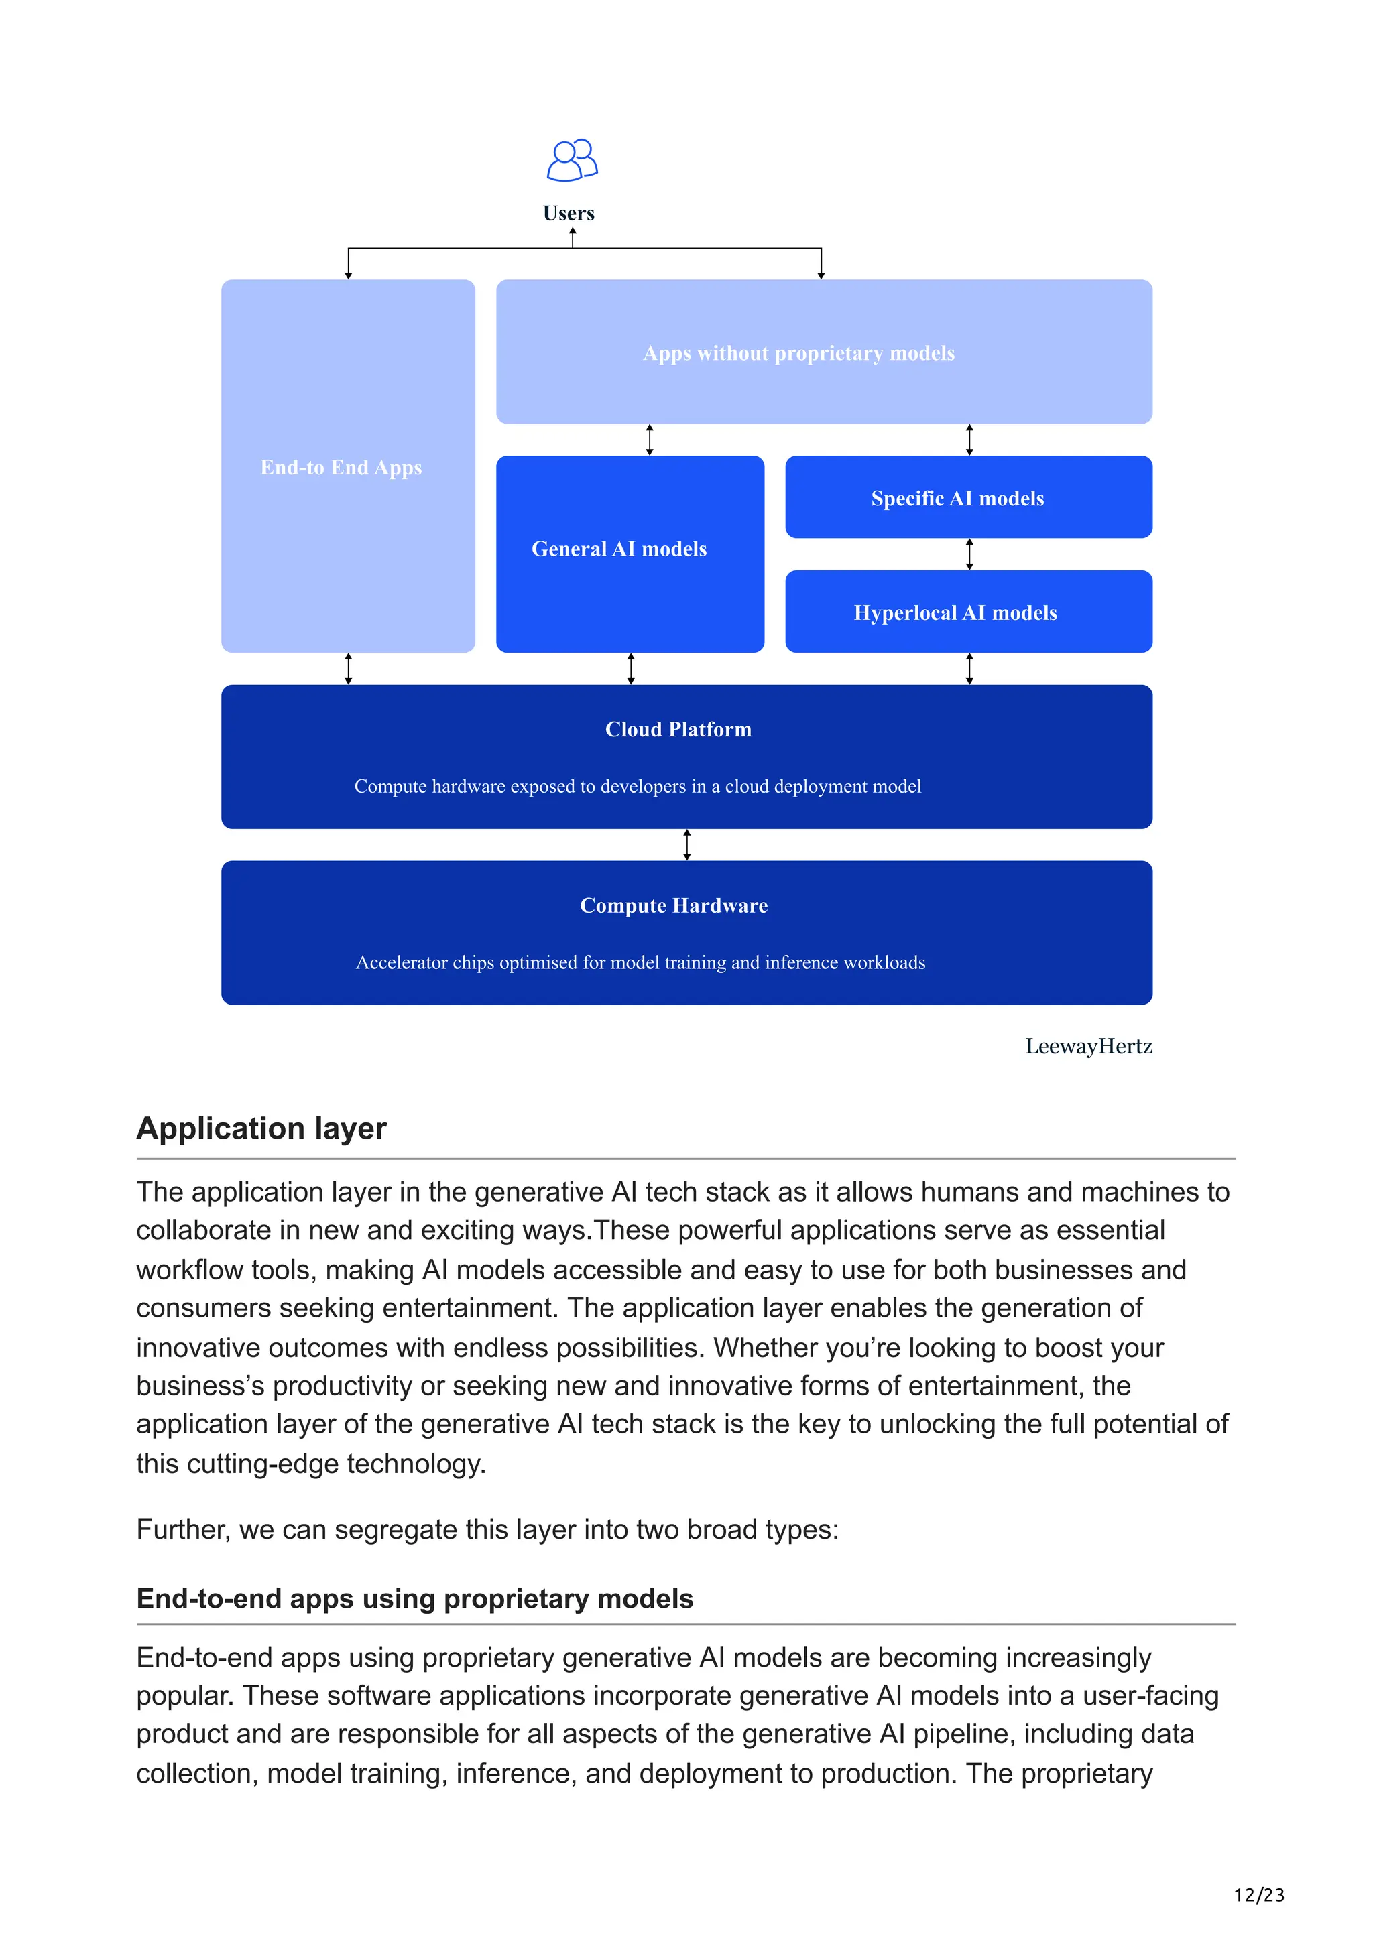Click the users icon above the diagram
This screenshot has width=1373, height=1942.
[x=572, y=160]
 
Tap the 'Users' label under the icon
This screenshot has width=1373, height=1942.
[x=569, y=213]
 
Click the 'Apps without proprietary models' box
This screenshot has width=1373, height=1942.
[x=823, y=352]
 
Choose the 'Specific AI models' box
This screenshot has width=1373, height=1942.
[x=968, y=497]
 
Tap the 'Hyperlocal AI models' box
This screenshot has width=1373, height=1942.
[x=968, y=612]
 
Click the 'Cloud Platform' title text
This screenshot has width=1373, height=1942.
[x=678, y=729]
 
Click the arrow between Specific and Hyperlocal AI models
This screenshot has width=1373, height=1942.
[x=969, y=554]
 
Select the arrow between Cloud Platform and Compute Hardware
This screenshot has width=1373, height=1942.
[x=687, y=844]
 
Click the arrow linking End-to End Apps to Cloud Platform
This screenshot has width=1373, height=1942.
[x=348, y=668]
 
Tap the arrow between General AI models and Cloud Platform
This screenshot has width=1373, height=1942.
[x=630, y=668]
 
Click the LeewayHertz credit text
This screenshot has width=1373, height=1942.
[x=1088, y=1046]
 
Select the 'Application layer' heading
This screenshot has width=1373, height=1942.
[x=261, y=1128]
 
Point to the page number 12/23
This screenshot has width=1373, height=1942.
[x=1259, y=1894]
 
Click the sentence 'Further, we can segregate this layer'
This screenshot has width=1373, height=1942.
[x=487, y=1529]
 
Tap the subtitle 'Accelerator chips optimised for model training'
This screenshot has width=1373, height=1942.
[x=640, y=962]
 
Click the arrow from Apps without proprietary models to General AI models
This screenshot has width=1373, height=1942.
[x=650, y=440]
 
